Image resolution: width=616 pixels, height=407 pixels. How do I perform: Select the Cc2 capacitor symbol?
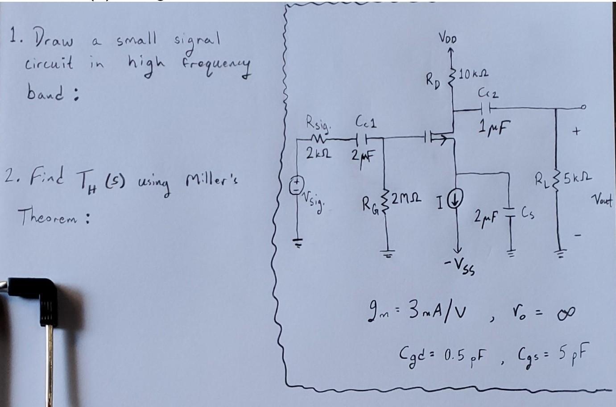click(487, 108)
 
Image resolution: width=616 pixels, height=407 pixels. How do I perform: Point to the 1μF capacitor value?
click(493, 129)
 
